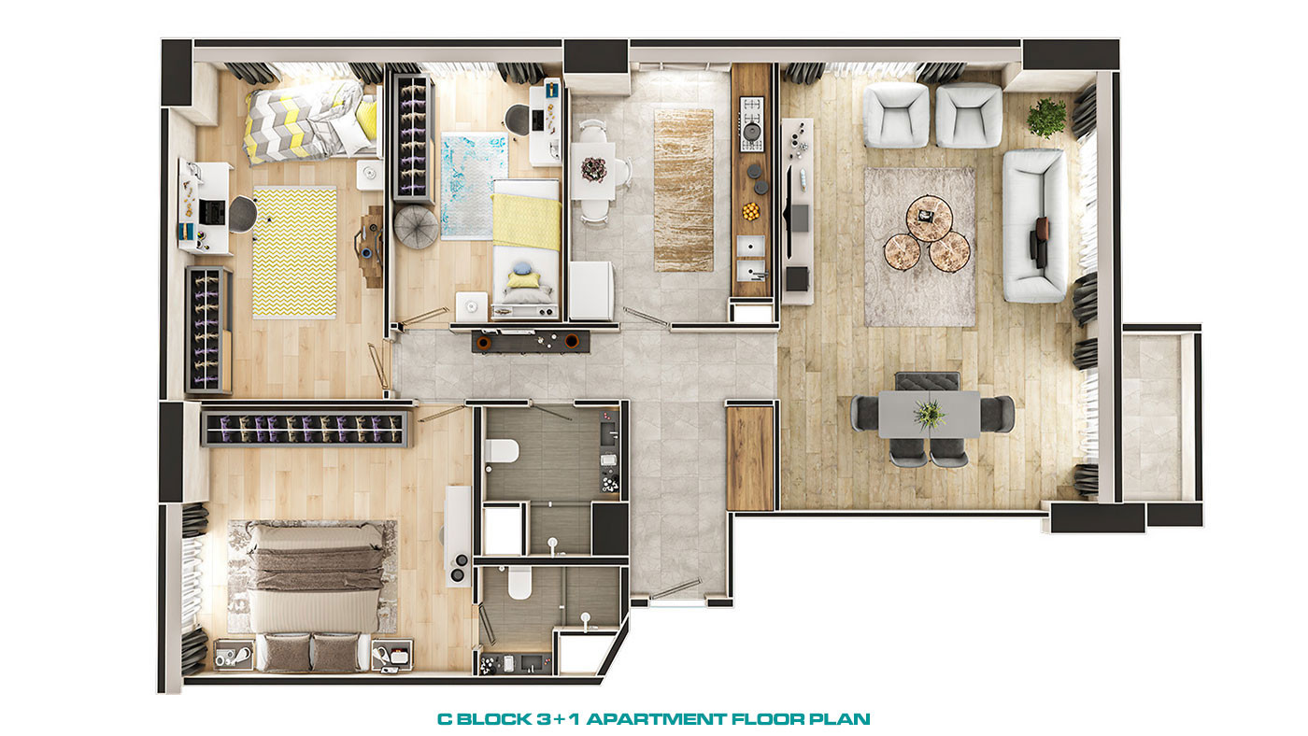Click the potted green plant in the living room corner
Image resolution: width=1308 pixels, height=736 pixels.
point(1046,118)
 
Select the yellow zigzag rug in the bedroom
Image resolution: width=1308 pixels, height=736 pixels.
point(294,252)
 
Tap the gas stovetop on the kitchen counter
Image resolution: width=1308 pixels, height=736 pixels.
point(751,124)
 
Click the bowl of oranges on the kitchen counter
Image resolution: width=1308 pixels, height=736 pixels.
point(751,211)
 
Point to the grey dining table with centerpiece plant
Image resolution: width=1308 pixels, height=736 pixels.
point(929,414)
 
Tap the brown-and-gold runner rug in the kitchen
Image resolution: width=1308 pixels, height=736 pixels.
point(683,191)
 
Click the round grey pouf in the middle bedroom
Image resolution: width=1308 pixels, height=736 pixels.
point(416,226)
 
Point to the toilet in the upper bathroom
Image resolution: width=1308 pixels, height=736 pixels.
point(501,451)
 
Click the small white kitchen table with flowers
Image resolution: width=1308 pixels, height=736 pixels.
point(592,171)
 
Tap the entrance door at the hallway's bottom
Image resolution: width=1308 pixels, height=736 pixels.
point(676,590)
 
